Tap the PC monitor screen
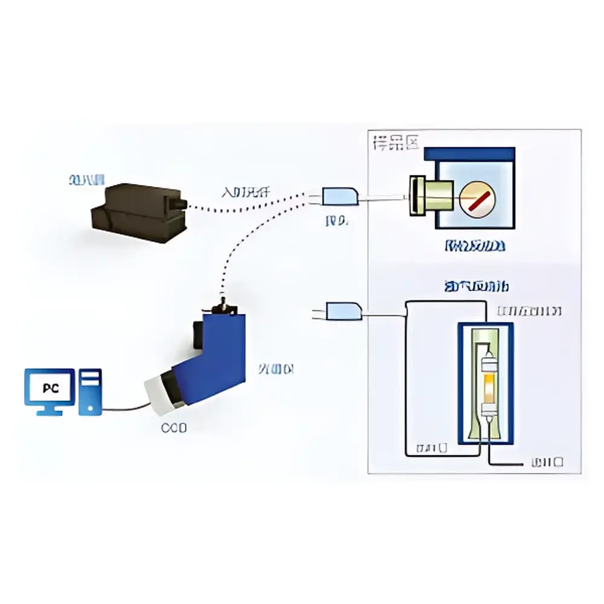49,388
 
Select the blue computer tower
91,393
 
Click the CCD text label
174,428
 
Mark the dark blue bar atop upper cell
470,154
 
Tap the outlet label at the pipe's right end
547,463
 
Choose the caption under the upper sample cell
475,246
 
